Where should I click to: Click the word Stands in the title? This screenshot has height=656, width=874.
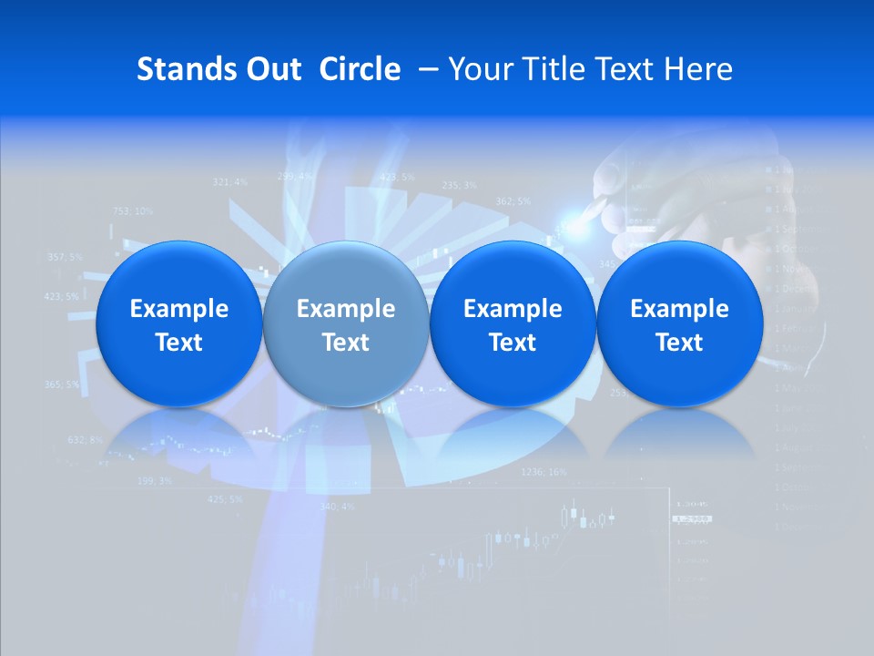click(x=179, y=69)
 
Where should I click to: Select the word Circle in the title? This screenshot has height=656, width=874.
click(x=360, y=69)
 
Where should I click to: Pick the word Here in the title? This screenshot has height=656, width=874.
click(x=698, y=69)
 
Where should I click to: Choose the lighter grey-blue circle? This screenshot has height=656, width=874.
click(x=345, y=323)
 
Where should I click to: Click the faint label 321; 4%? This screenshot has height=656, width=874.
click(x=229, y=182)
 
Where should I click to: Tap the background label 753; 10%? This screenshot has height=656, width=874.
click(x=132, y=211)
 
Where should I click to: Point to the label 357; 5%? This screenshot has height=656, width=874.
click(x=63, y=257)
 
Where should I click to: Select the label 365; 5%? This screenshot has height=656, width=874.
click(x=61, y=384)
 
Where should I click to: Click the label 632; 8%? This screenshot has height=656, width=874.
click(x=85, y=440)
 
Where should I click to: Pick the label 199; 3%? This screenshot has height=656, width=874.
click(x=154, y=480)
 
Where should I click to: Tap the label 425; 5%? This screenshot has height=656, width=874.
click(x=225, y=499)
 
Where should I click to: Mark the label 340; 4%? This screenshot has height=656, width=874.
click(x=337, y=507)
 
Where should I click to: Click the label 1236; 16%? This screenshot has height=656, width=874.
click(x=544, y=472)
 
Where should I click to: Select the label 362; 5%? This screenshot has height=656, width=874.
click(x=513, y=200)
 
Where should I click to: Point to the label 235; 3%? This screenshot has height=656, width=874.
click(x=459, y=185)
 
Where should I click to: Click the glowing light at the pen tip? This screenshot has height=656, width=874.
click(x=574, y=217)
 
